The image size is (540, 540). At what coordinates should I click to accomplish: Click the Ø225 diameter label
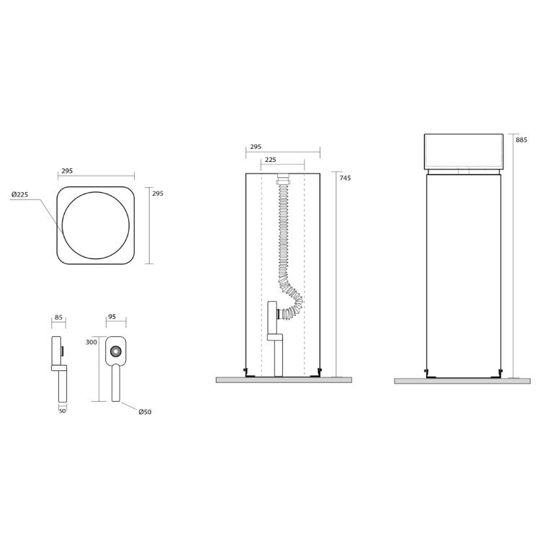click(x=19, y=194)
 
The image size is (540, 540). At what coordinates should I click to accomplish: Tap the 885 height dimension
click(x=521, y=140)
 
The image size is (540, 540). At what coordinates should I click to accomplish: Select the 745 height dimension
click(x=345, y=178)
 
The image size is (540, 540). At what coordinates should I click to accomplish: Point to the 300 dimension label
click(x=91, y=342)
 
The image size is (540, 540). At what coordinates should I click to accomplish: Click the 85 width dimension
click(x=58, y=317)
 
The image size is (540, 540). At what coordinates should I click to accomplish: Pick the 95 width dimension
click(x=112, y=317)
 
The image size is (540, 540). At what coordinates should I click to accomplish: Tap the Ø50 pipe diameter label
click(x=145, y=412)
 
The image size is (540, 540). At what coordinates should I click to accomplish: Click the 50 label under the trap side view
click(x=63, y=411)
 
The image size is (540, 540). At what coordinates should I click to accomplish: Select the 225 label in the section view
click(x=271, y=160)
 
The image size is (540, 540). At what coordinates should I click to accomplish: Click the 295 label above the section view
click(x=256, y=147)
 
